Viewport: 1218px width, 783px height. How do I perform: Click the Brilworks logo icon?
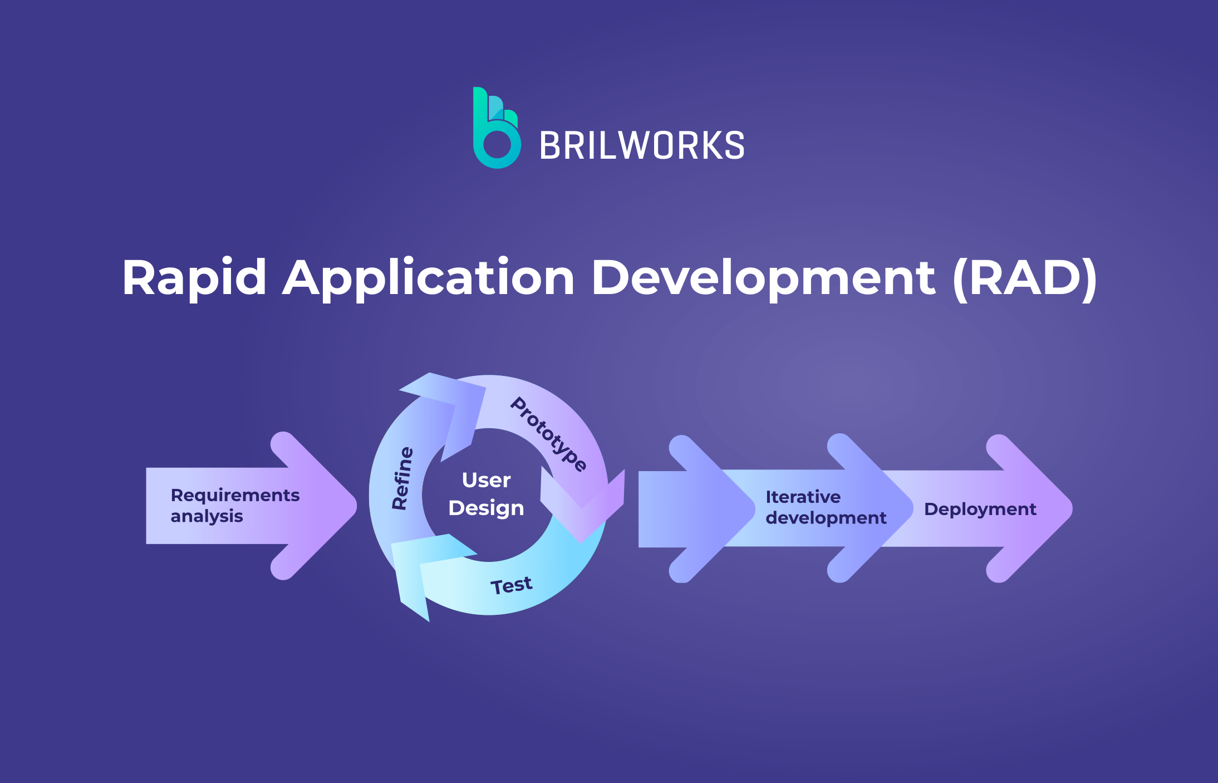click(497, 128)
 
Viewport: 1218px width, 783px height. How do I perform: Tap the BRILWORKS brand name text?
click(642, 146)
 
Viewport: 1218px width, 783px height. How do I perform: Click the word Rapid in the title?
click(194, 278)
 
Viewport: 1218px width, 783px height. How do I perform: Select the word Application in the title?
click(429, 278)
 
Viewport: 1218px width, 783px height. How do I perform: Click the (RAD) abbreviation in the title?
click(1025, 278)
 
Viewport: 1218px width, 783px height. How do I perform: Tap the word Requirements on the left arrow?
click(235, 495)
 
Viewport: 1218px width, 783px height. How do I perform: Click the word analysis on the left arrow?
click(207, 516)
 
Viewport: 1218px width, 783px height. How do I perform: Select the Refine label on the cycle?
click(402, 478)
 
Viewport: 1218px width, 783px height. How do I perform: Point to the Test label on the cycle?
click(511, 585)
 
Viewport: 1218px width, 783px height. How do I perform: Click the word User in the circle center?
click(486, 480)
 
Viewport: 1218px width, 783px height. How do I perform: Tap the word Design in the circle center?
click(486, 508)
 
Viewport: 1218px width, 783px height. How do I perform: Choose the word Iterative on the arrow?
click(803, 497)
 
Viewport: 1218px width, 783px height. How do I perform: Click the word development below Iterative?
click(826, 518)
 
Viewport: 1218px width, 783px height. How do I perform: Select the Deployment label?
click(980, 510)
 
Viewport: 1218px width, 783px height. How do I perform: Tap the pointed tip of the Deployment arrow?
click(1072, 508)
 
